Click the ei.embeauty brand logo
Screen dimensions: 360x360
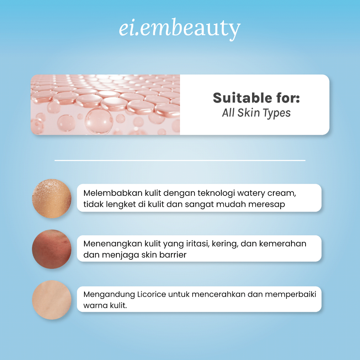(180, 28)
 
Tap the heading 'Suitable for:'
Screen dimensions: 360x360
(256, 98)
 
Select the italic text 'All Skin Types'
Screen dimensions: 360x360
(256, 113)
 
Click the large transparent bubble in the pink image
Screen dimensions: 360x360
(99, 121)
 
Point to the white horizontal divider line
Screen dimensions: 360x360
(180, 160)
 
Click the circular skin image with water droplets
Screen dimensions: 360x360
(52, 198)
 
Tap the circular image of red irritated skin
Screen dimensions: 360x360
(52, 249)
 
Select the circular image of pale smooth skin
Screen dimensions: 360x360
(52, 300)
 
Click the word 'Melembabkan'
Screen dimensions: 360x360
(113, 193)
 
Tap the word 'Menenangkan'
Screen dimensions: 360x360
(113, 244)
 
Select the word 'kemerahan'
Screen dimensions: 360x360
(283, 244)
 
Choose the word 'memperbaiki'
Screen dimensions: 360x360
(291, 294)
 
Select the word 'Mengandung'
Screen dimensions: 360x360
(109, 295)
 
